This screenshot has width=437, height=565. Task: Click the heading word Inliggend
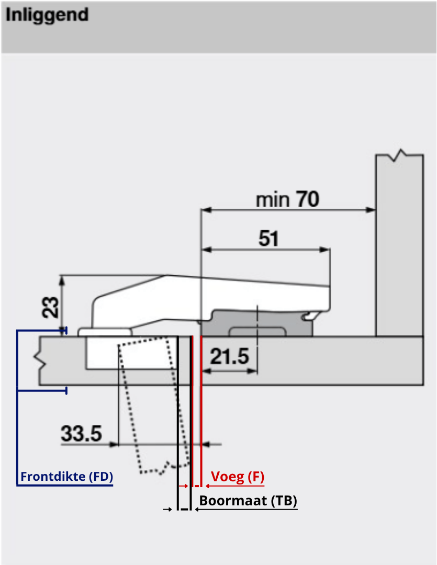click(47, 15)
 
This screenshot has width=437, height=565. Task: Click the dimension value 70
click(307, 199)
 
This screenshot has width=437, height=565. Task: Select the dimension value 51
click(268, 239)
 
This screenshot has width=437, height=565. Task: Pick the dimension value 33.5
click(81, 434)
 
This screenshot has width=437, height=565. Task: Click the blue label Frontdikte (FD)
click(66, 477)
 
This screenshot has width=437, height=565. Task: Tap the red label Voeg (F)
click(238, 477)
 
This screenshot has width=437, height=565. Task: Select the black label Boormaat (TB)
click(248, 501)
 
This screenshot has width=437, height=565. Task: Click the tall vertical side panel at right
click(399, 246)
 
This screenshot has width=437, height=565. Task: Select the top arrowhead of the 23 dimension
click(63, 279)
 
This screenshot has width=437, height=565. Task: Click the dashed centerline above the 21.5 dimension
click(257, 324)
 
